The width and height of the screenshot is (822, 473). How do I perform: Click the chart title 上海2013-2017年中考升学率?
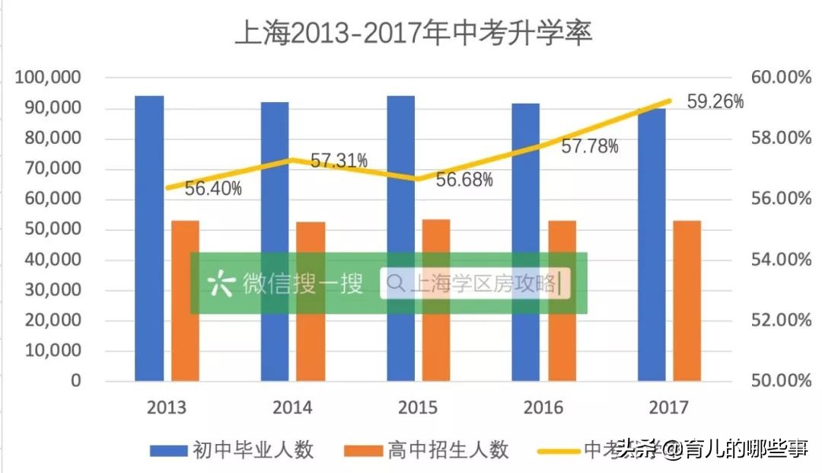(x=413, y=34)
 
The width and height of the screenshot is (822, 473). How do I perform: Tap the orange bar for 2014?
(x=311, y=301)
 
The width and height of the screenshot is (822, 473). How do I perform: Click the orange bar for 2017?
(x=687, y=300)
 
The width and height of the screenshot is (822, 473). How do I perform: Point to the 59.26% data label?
(x=715, y=101)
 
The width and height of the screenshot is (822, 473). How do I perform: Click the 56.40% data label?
(x=213, y=188)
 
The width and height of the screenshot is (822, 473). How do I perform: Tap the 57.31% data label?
(x=339, y=161)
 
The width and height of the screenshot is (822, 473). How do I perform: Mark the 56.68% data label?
(x=464, y=180)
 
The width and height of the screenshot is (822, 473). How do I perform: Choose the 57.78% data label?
(x=590, y=147)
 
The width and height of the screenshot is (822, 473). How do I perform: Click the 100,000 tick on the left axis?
(x=49, y=78)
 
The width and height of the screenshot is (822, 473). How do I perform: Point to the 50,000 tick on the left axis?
(x=53, y=229)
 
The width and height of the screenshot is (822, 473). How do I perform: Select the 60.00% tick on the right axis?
(x=780, y=78)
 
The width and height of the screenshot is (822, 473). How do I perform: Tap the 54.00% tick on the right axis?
(x=780, y=260)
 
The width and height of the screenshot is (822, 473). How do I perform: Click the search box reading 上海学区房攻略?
(x=475, y=283)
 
